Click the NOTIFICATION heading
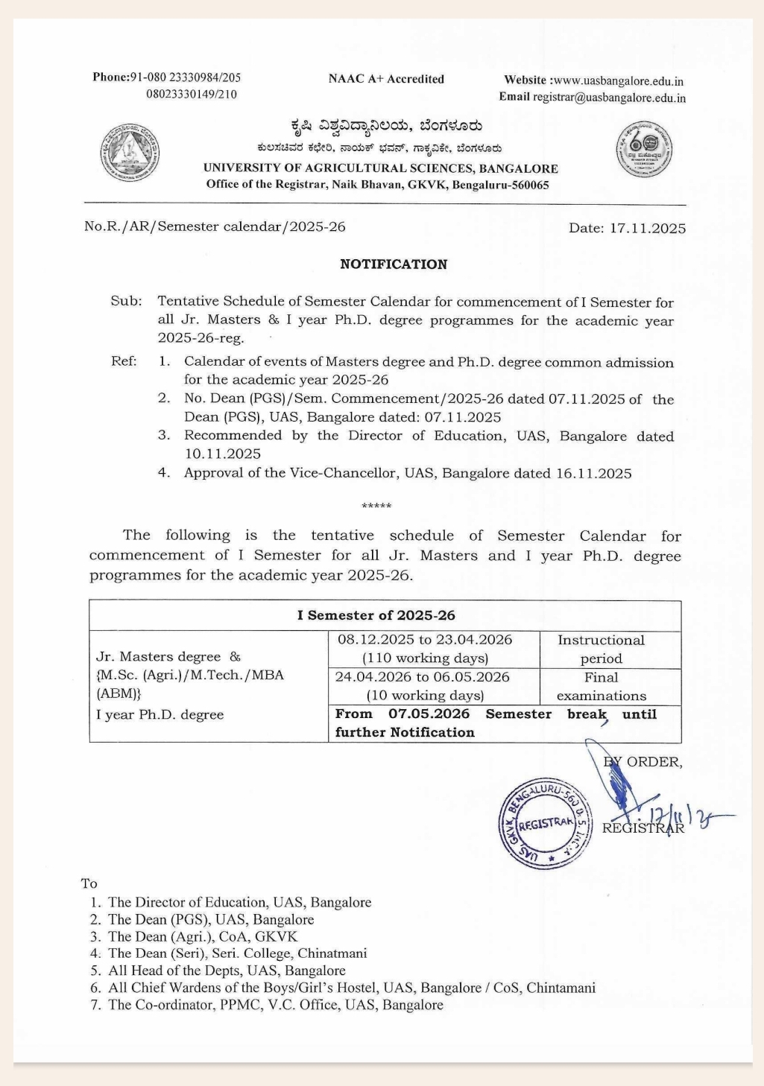pos(394,264)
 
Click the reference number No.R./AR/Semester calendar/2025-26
pos(215,226)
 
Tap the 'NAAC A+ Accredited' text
pos(386,79)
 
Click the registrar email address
pos(609,98)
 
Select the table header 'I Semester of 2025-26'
pos(376,616)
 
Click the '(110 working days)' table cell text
pos(425,658)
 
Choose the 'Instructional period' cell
pos(602,649)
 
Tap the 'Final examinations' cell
pos(602,686)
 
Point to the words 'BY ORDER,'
pos(643,762)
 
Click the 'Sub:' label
pos(126,302)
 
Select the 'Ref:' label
pos(124,362)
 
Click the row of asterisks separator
pos(376,507)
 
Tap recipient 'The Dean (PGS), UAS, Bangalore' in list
pos(211,920)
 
